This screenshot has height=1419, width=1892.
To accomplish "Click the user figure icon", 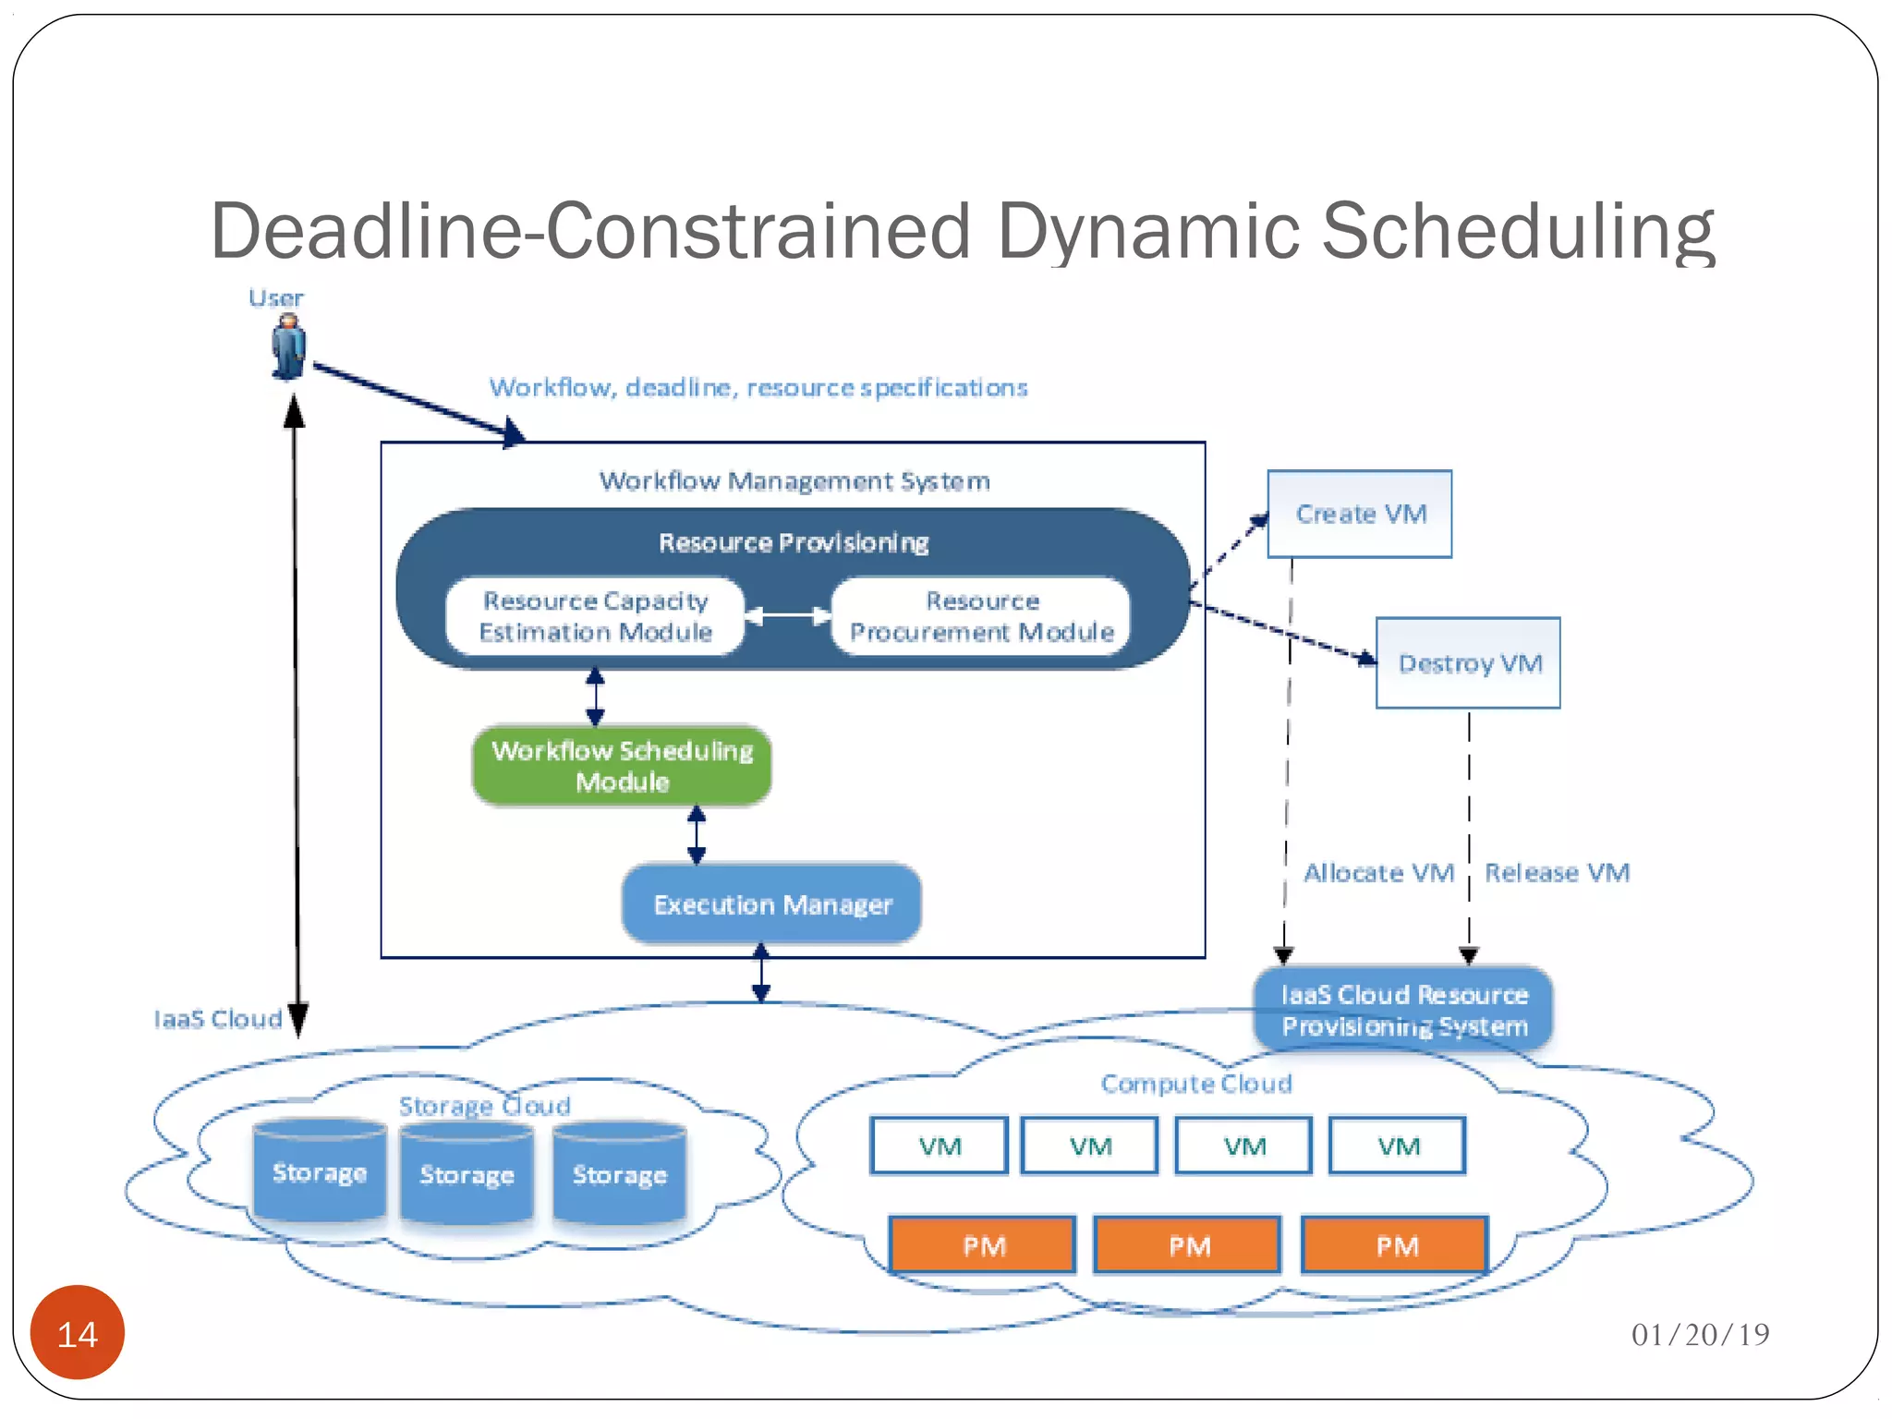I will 288,346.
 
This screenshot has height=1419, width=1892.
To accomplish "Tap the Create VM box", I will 1359,514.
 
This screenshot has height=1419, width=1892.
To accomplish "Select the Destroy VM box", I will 1468,663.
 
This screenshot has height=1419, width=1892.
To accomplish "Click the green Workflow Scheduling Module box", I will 622,766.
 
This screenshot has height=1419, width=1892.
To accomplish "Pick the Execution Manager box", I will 772,904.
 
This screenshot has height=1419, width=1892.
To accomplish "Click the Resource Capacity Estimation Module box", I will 595,616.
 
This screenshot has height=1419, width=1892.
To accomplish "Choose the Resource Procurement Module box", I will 981,616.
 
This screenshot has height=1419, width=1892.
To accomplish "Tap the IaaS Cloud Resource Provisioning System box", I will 1403,1010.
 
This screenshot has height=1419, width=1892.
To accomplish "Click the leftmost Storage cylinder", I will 320,1171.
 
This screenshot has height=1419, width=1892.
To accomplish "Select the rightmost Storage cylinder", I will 619,1173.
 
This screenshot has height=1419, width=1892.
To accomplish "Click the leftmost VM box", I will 939,1146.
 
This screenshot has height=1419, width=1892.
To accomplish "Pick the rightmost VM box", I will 1398,1146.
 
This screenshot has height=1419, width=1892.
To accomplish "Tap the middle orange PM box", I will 1188,1246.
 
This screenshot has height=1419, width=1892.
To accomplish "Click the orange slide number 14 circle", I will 78,1333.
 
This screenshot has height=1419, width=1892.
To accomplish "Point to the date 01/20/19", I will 1700,1334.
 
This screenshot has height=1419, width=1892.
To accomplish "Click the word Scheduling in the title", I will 1517,231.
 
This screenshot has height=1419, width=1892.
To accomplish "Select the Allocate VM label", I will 1378,873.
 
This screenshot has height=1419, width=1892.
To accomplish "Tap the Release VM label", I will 1557,873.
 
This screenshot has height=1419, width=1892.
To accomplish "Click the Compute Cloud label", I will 1195,1084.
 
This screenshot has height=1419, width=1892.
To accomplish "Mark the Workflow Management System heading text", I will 794,481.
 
